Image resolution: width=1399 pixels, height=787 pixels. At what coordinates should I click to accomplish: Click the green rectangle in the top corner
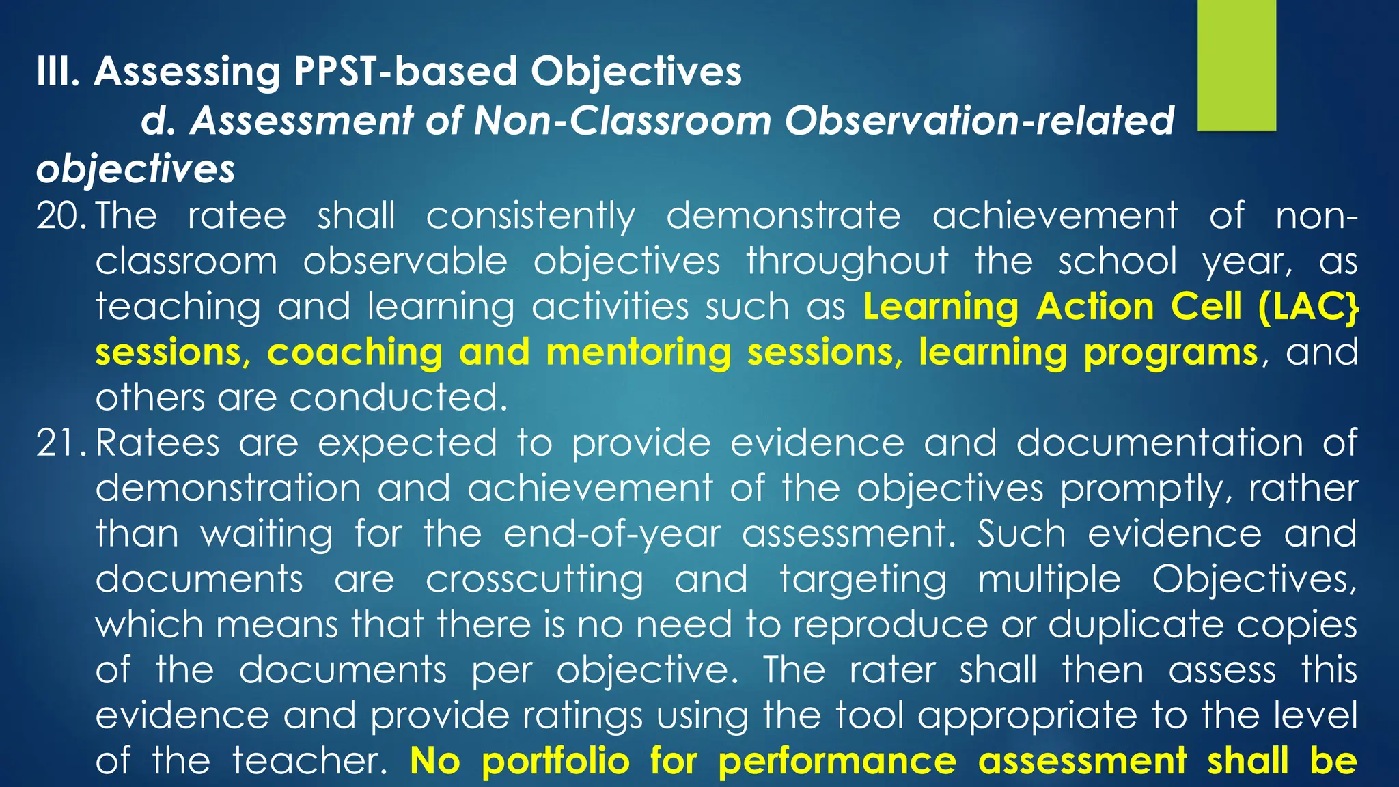(x=1236, y=65)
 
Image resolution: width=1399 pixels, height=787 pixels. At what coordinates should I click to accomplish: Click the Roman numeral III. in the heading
(x=58, y=72)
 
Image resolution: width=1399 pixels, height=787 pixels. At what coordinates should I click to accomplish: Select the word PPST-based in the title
(x=405, y=72)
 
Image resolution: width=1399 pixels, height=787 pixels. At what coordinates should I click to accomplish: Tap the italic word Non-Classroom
(x=622, y=121)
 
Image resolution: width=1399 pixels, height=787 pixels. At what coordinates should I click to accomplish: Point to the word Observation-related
(x=979, y=121)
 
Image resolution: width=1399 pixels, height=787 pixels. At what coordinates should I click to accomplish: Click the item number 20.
(x=62, y=216)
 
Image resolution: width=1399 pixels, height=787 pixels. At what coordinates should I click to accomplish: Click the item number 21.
(x=62, y=443)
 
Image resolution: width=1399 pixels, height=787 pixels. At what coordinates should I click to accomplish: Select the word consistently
(x=530, y=217)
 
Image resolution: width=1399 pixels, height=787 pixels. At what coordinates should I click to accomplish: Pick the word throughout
(x=847, y=262)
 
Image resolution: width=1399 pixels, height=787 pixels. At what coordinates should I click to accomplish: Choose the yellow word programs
(x=1170, y=353)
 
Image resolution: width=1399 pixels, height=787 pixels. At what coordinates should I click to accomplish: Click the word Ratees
(x=157, y=443)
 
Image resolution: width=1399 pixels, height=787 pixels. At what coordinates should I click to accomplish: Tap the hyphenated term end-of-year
(x=612, y=534)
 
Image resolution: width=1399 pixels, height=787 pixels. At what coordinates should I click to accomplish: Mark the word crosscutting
(x=534, y=580)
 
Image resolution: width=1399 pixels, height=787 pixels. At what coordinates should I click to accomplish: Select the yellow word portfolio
(x=555, y=761)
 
